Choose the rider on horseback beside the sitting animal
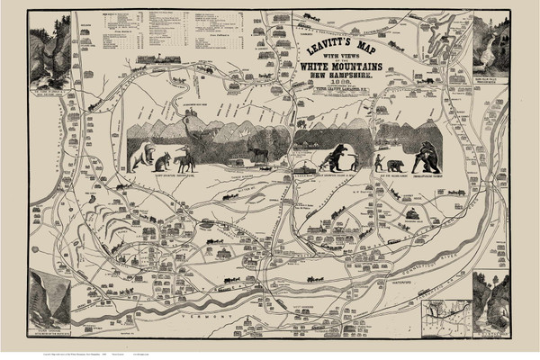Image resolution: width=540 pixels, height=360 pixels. [185, 161]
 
